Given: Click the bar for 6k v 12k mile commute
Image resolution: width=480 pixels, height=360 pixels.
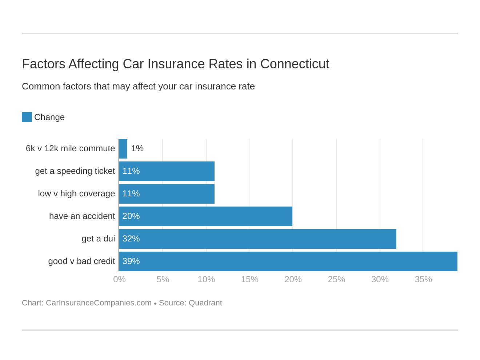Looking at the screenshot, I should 123,149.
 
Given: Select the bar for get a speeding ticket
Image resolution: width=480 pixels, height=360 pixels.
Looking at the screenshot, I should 167,171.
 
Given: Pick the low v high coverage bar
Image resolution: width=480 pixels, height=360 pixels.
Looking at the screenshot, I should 167,194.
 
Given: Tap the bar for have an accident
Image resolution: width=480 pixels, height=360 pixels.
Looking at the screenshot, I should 206,216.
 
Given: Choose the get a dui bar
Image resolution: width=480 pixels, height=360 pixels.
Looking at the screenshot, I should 257,239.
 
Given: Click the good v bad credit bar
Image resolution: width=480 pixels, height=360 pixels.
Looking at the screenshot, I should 288,261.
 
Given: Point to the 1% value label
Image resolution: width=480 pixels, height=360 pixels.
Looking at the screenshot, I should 137,149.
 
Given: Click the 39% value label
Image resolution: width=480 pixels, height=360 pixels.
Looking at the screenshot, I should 131,261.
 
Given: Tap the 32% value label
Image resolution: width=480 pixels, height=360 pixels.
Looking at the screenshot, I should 131,239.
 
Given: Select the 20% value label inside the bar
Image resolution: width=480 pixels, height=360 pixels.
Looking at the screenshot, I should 131,216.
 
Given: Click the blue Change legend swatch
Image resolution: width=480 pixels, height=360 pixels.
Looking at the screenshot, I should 27,117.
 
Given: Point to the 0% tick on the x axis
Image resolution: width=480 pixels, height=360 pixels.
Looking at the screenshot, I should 119,279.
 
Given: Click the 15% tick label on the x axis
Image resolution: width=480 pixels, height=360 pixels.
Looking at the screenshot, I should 249,279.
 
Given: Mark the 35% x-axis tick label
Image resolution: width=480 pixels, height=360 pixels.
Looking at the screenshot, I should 423,279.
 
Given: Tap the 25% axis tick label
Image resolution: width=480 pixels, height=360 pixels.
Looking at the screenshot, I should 336,279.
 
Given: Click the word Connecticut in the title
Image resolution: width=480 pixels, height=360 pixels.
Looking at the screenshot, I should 295,64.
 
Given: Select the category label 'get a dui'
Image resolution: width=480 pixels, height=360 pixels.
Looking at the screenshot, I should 98,239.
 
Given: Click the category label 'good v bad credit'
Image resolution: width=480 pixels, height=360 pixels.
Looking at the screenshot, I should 81,261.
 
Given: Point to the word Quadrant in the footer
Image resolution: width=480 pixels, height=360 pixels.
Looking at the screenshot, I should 205,303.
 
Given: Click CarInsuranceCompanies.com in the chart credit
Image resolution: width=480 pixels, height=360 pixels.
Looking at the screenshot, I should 99,303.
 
